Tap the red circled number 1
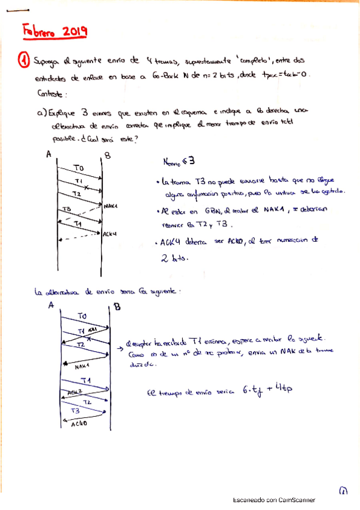click(23, 60)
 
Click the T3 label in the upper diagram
click(67, 209)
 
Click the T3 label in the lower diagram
click(75, 411)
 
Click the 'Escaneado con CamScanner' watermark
click(273, 500)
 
